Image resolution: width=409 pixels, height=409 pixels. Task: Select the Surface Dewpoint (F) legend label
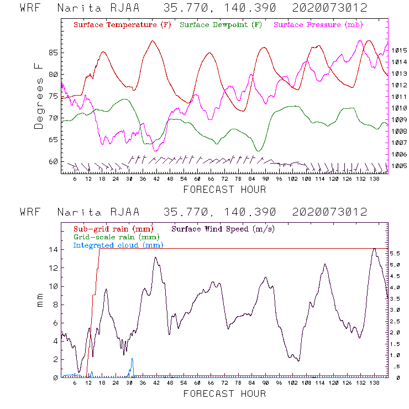pos(221,25)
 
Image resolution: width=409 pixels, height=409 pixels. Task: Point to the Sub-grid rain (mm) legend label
pos(113,228)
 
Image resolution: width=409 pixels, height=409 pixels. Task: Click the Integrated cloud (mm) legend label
pos(114,245)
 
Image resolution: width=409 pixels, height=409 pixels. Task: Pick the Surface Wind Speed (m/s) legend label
pos(223,228)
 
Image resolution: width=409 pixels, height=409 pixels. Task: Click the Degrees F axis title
pos(39,96)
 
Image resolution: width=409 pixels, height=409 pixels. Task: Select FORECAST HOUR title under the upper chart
pos(224,190)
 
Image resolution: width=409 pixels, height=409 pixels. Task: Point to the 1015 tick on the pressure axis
pos(398,50)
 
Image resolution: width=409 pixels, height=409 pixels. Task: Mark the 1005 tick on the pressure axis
pos(398,166)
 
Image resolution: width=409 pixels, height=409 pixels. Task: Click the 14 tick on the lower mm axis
pos(53,249)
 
